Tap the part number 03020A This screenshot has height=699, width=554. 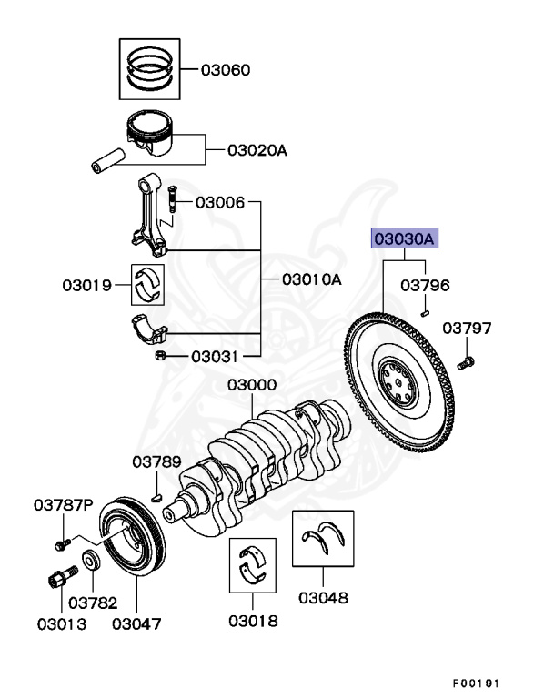click(257, 149)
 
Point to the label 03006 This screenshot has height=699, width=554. click(219, 201)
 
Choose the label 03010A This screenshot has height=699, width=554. click(311, 279)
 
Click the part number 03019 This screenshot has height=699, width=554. click(87, 286)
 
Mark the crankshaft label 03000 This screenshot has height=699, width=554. click(252, 386)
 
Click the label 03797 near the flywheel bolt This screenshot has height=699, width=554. click(468, 328)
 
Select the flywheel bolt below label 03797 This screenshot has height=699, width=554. click(467, 364)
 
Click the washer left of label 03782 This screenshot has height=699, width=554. click(92, 561)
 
